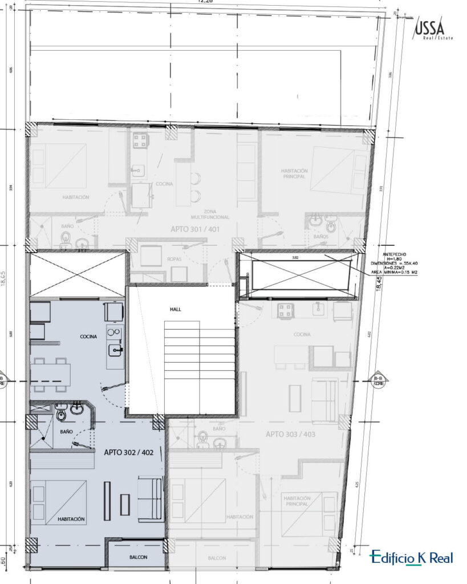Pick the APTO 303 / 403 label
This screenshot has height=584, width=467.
tap(290, 435)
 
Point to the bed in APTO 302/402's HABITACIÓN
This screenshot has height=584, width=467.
tap(59, 501)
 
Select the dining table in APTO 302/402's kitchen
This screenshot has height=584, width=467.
tap(50, 375)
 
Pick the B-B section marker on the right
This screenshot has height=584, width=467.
tap(378, 381)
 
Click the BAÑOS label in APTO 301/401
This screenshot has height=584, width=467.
tap(320, 236)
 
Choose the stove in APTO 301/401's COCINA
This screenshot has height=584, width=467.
tap(140, 140)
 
